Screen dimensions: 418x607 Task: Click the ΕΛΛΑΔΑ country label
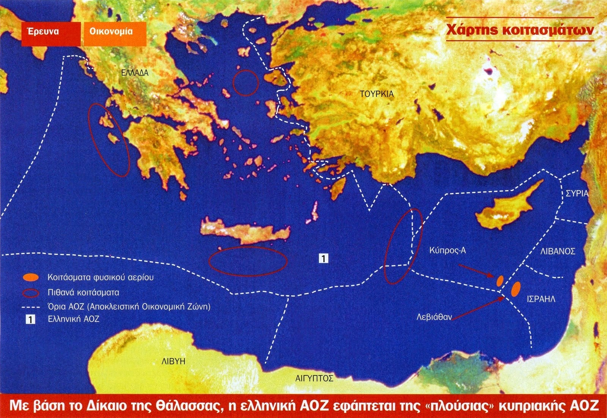pyautogui.click(x=135, y=73)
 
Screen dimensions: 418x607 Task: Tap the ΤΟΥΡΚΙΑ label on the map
pyautogui.click(x=377, y=94)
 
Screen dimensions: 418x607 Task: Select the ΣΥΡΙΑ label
pyautogui.click(x=577, y=193)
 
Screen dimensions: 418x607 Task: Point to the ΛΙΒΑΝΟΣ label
pyautogui.click(x=558, y=251)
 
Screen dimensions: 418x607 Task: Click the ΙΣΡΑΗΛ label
pyautogui.click(x=541, y=299)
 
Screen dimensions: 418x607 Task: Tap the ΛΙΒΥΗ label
pyautogui.click(x=173, y=361)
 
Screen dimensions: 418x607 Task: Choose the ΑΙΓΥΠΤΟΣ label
pyautogui.click(x=315, y=378)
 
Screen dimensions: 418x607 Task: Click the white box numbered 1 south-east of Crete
pyautogui.click(x=323, y=259)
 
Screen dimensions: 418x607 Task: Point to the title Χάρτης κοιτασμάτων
pyautogui.click(x=519, y=30)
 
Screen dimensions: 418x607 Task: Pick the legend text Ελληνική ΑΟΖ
pyautogui.click(x=73, y=319)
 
